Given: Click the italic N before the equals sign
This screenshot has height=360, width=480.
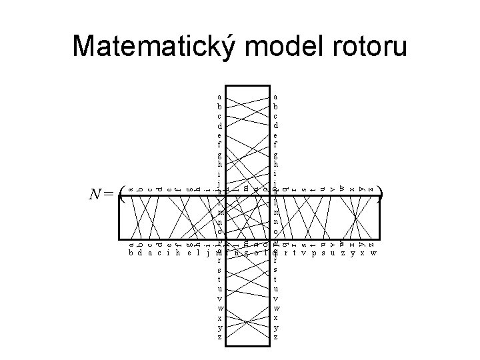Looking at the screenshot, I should (96, 195).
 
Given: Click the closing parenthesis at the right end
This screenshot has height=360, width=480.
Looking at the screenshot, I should (380, 195).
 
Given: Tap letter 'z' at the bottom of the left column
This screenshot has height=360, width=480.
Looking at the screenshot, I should (219, 338).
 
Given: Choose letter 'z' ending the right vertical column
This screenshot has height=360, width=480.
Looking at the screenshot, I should (276, 338).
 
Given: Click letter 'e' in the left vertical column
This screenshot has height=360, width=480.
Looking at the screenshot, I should (219, 134).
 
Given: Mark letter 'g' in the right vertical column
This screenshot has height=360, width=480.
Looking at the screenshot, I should (276, 153).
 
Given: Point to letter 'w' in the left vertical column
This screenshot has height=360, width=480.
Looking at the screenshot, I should (219, 309).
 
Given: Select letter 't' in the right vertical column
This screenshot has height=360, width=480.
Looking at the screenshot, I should (276, 280).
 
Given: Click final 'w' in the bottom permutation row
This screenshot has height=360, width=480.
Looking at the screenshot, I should (373, 253).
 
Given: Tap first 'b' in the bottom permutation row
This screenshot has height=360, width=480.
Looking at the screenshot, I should (131, 253).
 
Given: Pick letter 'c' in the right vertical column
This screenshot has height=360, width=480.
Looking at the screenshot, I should (276, 115).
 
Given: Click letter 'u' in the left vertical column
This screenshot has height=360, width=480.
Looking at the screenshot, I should (219, 290).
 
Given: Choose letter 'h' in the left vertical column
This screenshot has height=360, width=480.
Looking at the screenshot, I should (219, 163).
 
